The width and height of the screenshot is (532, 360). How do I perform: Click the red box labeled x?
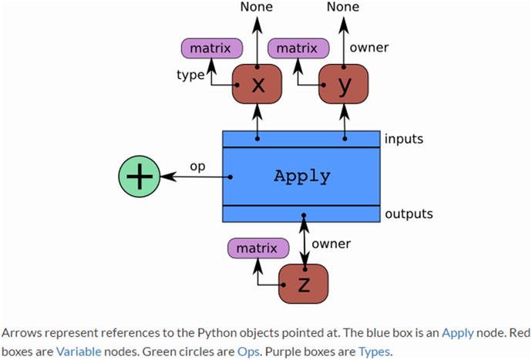[258, 86]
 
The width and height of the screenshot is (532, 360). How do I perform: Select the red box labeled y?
[344, 86]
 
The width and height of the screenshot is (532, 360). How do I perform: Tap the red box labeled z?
[303, 284]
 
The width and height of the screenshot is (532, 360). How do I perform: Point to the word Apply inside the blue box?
[302, 176]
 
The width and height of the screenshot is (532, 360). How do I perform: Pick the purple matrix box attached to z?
[254, 248]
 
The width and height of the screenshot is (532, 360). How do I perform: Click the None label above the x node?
[258, 8]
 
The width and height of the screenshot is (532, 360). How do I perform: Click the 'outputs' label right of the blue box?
[409, 214]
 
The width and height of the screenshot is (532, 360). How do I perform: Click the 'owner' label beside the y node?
[369, 48]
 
